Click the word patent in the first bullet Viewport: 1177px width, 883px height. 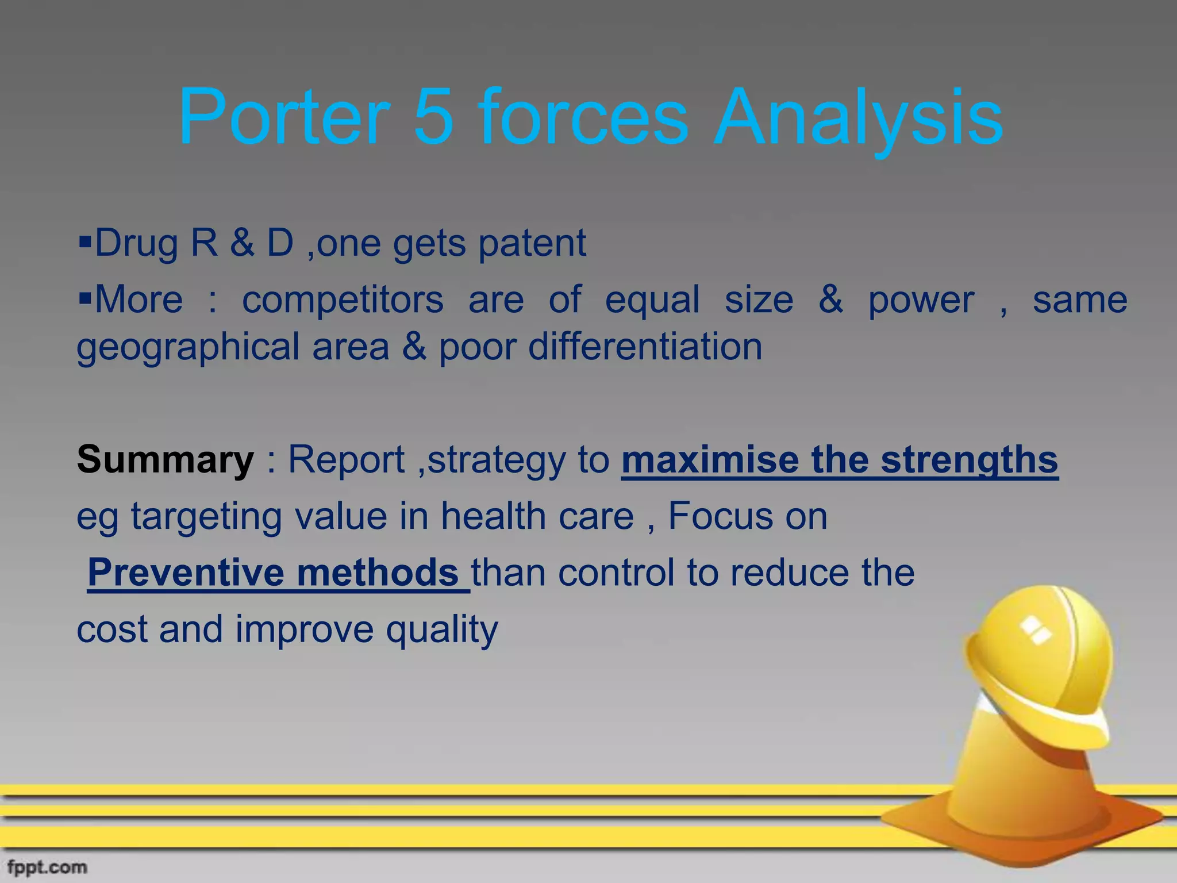pos(532,243)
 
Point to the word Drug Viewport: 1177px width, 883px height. pos(137,243)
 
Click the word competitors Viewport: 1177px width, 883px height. pos(343,301)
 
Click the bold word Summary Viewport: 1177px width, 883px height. pos(165,460)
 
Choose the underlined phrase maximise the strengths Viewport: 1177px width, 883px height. pos(839,460)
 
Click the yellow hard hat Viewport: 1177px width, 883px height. pos(1040,667)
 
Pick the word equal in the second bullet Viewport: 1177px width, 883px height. pos(652,301)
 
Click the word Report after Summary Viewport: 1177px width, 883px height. pos(346,460)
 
